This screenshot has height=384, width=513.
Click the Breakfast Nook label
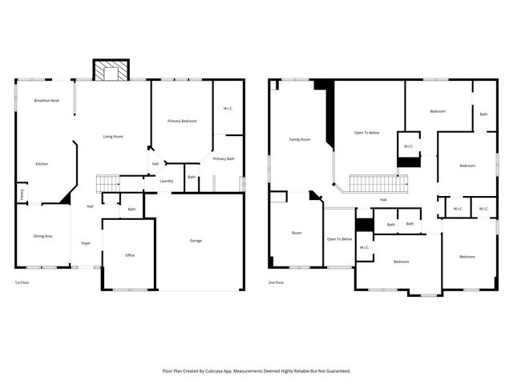[x=46, y=101]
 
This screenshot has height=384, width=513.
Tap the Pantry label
[x=20, y=192]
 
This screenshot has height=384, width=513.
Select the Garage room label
[x=196, y=241]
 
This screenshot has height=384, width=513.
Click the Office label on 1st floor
[x=130, y=255]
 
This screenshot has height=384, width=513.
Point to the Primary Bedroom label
[x=182, y=121]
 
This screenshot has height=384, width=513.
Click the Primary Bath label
[x=224, y=158]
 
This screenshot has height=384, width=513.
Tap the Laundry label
[x=167, y=181]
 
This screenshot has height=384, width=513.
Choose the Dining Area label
[x=43, y=236]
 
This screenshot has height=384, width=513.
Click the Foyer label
[x=86, y=243]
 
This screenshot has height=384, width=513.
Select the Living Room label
[x=112, y=137]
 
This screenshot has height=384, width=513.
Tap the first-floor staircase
[x=107, y=184]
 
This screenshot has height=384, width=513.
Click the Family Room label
[x=300, y=139]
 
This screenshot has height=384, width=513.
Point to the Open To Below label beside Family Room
[x=366, y=132]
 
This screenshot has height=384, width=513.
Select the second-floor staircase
[x=378, y=183]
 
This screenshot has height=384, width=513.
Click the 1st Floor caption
[x=23, y=282]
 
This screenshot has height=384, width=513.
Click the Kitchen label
[x=42, y=164]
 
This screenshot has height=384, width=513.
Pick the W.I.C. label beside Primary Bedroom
[x=228, y=108]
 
